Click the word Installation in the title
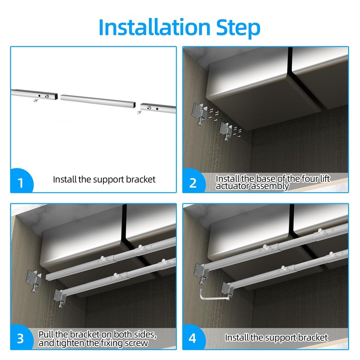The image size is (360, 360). click(x=153, y=27)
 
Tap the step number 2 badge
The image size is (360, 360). click(x=193, y=182)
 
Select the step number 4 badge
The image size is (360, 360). click(x=193, y=338)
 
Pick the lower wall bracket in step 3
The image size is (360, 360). click(x=60, y=297)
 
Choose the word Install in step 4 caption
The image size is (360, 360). click(x=237, y=337)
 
